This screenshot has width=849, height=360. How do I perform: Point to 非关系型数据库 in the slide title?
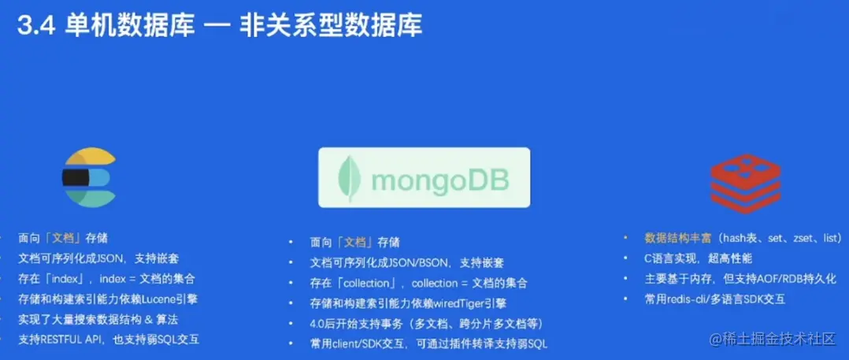point(332,26)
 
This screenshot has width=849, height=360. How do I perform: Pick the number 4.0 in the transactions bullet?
point(319,324)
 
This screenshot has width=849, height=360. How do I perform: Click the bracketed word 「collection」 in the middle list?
point(368,283)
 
